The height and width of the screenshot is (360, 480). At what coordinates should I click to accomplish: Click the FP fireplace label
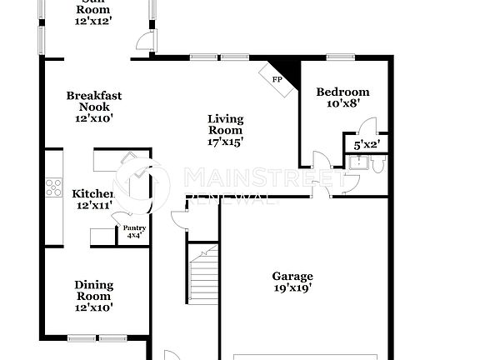[x=277, y=80]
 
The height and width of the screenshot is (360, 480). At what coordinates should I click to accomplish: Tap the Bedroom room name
[x=342, y=92]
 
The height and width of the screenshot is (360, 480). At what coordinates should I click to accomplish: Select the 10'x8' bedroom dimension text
[x=342, y=104]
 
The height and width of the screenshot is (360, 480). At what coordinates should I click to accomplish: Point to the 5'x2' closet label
[x=367, y=144]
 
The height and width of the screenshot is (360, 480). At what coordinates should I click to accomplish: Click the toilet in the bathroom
[x=377, y=165]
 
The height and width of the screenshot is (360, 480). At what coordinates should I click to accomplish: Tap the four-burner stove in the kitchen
[x=53, y=188]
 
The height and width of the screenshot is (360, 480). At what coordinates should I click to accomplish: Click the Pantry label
[x=134, y=228]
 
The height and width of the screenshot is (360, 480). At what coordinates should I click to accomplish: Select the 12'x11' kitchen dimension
[x=94, y=205]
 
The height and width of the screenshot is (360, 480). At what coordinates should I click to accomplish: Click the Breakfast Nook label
[x=94, y=101]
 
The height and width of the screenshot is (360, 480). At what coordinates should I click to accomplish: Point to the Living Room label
[x=225, y=124]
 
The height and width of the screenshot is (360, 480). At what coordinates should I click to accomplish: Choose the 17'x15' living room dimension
[x=225, y=142]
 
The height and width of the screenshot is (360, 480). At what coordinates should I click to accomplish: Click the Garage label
[x=292, y=276]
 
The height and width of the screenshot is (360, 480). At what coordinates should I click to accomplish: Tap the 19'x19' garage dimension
[x=292, y=288]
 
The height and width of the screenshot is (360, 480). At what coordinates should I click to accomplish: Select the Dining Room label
[x=93, y=290]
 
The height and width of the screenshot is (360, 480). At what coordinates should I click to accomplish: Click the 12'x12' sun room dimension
[x=93, y=20]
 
